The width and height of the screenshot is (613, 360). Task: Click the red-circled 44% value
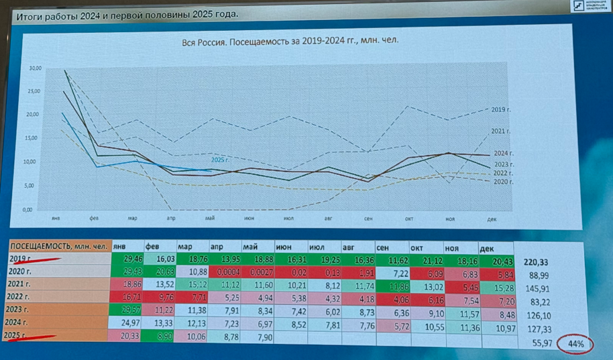576,344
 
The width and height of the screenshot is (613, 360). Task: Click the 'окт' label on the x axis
408,219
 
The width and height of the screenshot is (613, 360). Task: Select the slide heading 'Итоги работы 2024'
126,14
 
